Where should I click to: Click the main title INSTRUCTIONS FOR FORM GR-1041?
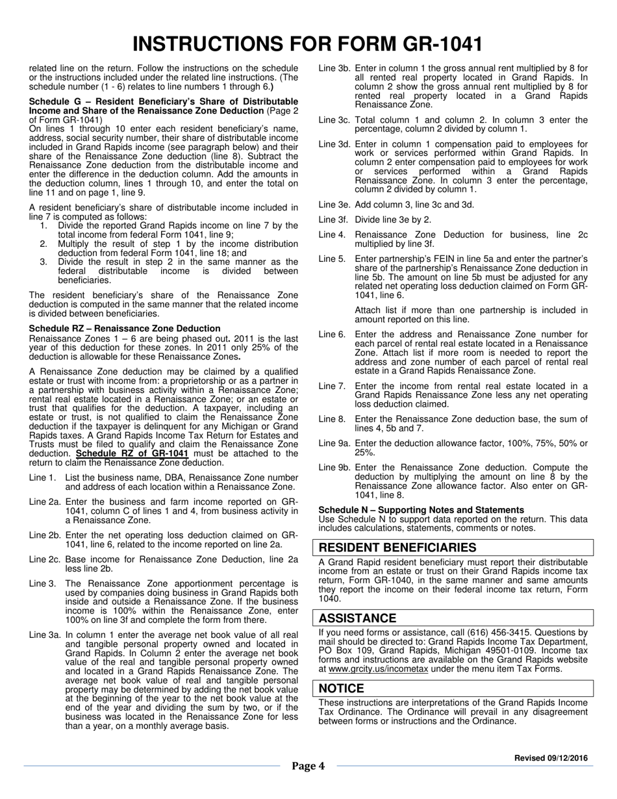click(308, 44)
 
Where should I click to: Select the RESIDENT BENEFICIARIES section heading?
click(397, 548)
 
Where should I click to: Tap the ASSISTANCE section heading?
click(357, 618)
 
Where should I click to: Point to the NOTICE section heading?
click(342, 688)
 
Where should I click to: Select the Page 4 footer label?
click(308, 767)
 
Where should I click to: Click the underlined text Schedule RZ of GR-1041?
click(132, 453)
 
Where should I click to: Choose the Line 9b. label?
click(334, 468)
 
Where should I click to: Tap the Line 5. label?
click(332, 259)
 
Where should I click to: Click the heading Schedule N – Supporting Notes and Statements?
click(421, 510)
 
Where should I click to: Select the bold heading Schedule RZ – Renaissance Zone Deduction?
click(125, 329)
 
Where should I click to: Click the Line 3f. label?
click(334, 220)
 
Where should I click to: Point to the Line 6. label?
click(332, 335)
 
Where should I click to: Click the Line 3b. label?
click(334, 68)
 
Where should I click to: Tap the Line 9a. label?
click(334, 443)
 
